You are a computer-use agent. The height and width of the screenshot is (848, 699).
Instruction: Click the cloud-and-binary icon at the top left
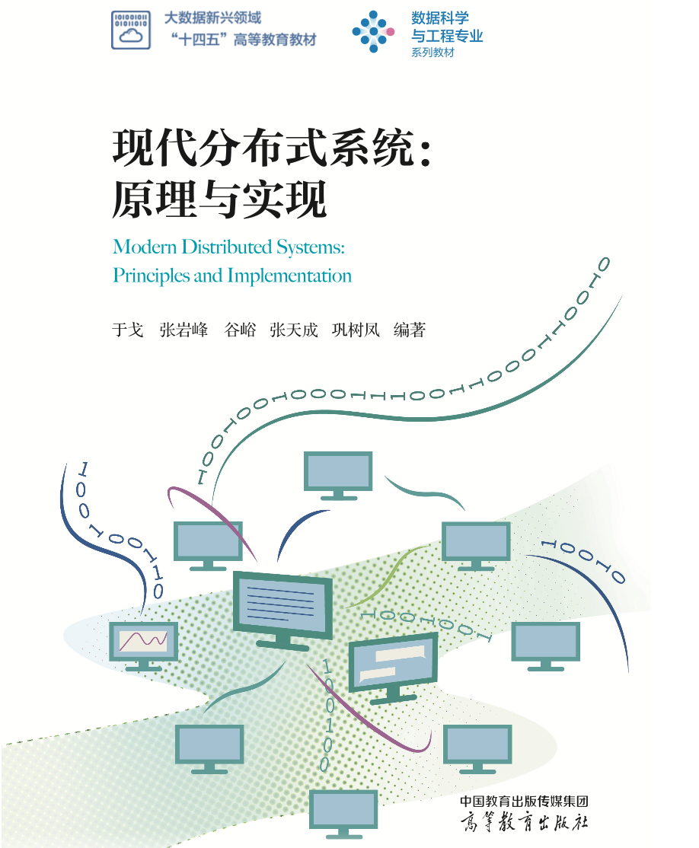pos(131,30)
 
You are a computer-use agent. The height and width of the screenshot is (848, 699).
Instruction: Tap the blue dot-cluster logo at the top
pos(373,31)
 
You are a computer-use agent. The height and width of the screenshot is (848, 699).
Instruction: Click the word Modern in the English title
pos(145,247)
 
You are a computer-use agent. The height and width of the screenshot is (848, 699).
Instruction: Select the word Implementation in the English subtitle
pos(289,276)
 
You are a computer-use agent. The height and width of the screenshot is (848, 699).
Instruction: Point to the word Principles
pos(152,276)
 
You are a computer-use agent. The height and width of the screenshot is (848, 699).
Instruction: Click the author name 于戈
pos(128,330)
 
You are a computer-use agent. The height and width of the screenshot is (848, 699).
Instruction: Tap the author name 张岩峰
pos(184,330)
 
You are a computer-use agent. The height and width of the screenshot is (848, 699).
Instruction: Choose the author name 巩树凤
pos(356,330)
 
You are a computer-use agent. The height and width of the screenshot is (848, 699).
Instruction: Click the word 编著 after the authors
pos(410,330)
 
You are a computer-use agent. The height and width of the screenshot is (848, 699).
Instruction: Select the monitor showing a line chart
pos(143,646)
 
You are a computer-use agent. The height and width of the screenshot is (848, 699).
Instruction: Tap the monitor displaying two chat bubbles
pos(393,668)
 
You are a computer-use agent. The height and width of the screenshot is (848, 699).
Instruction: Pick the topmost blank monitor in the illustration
pos(338,475)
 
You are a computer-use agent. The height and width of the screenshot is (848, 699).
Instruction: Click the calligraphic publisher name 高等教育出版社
pos(524,822)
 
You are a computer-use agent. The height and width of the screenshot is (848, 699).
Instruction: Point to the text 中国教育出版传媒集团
pos(524,801)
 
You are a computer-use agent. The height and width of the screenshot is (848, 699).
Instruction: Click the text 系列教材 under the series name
pos(432,53)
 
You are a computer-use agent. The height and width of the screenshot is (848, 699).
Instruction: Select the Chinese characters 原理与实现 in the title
pos(219,199)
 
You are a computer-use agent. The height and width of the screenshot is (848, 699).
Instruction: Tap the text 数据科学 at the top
pos(440,18)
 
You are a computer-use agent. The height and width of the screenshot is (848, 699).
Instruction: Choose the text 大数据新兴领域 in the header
pos(212,18)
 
